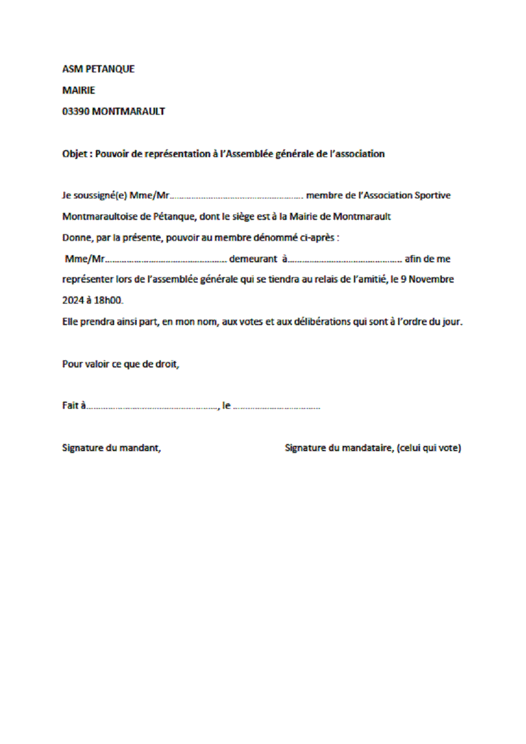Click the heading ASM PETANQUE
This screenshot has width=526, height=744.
pyautogui.click(x=99, y=69)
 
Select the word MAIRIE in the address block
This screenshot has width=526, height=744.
pyautogui.click(x=79, y=91)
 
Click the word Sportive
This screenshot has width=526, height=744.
pyautogui.click(x=433, y=195)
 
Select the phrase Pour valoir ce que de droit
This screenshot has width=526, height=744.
pyautogui.click(x=121, y=364)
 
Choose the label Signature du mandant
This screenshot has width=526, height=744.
pyautogui.click(x=112, y=448)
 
